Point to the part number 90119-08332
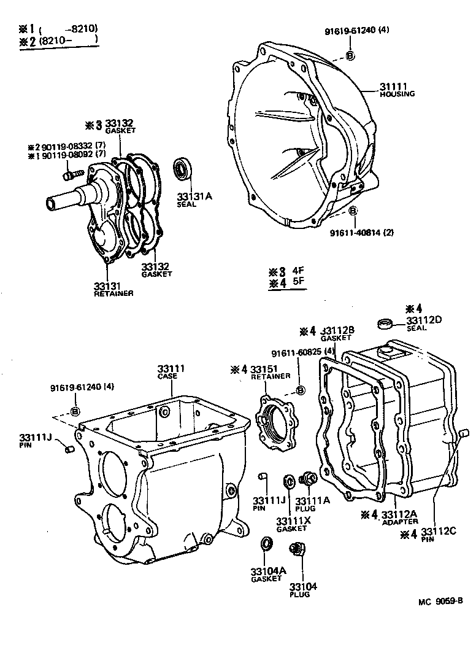pos(66,147)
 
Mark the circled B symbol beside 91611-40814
pos(353,211)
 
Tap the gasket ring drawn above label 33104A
pos(267,544)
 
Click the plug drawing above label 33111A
pos(307,479)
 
